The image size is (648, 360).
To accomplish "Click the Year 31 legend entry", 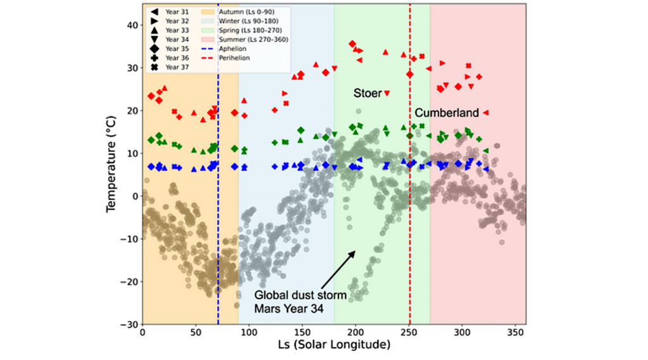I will point(171,11).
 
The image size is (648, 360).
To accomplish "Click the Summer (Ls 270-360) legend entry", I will point(246,39).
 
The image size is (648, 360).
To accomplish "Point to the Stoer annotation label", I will point(368,93).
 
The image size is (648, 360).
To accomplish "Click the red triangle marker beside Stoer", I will point(387,94).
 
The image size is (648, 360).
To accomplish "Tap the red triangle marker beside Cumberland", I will point(485,113).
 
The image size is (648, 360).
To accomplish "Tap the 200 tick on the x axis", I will point(356,332).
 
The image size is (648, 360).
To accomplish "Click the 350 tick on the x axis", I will point(515,332).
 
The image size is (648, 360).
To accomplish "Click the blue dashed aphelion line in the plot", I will point(218,190).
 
